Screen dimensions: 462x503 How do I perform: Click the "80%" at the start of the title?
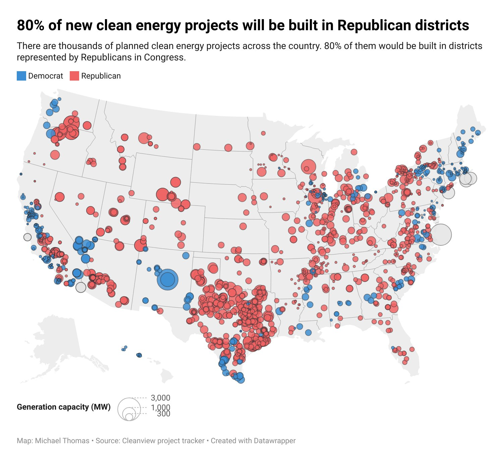[x=31, y=25]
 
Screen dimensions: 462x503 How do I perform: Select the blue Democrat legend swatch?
[x=21, y=76]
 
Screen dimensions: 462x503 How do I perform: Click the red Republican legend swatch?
[x=74, y=76]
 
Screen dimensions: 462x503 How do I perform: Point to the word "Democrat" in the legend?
[x=46, y=76]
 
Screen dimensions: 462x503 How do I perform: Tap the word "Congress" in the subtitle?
[x=164, y=57]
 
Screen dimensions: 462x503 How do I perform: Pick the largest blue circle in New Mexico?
[x=167, y=279]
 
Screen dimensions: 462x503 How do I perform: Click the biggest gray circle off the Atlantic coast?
[x=441, y=234]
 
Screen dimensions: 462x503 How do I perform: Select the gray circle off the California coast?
[x=27, y=237]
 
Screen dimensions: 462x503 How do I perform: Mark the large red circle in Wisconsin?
[x=309, y=166]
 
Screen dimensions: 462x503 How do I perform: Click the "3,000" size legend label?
[x=161, y=398]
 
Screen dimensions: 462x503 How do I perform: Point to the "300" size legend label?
[x=164, y=414]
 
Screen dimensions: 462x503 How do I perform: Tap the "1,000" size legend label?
[x=161, y=407]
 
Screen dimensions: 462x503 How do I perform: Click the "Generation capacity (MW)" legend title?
[x=64, y=407]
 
